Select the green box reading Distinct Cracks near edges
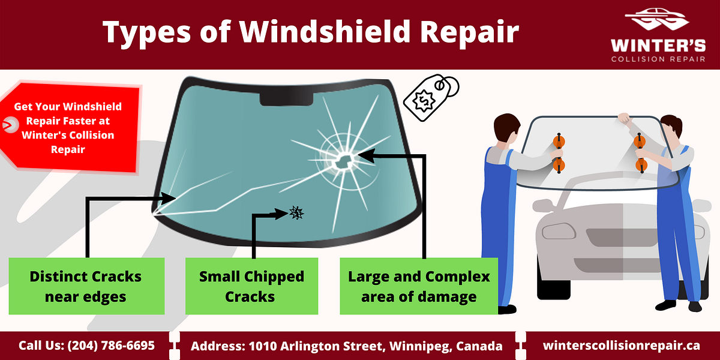coord(86,286)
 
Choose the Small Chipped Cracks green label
coord(251,286)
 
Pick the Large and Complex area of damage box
coord(419,286)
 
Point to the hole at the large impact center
coord(342,159)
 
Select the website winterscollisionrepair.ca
coord(621,346)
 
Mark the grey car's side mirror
coord(543,206)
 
